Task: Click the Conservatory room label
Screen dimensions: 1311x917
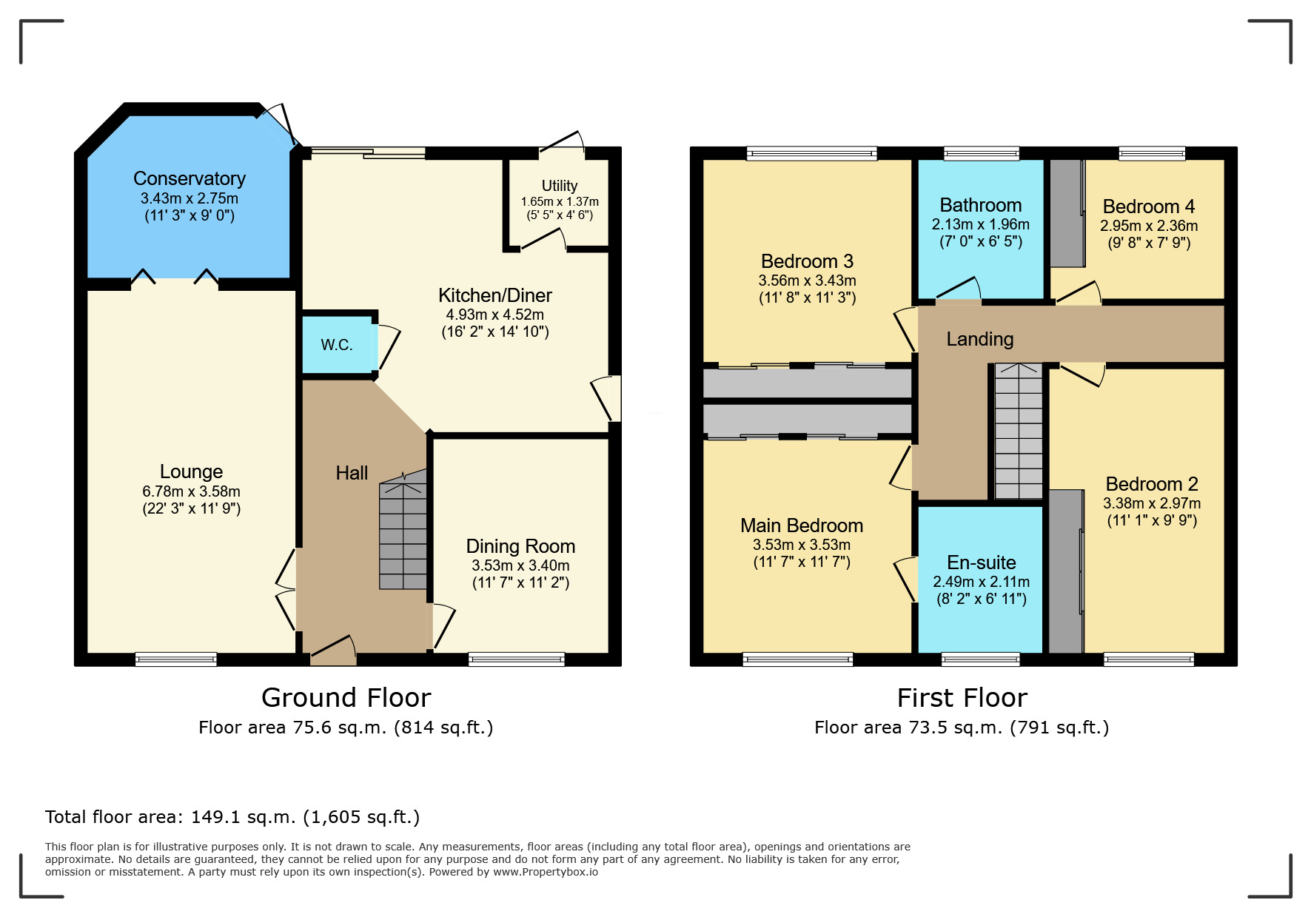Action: click(x=190, y=178)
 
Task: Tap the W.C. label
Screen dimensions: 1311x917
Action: click(x=337, y=345)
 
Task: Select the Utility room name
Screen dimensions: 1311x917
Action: click(x=560, y=186)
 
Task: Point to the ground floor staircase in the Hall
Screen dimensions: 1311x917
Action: click(x=403, y=529)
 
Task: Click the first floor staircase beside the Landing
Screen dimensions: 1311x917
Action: click(x=1019, y=431)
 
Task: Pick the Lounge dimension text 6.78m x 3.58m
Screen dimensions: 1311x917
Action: click(x=192, y=491)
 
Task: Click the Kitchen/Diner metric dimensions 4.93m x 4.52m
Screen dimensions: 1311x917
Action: click(x=495, y=315)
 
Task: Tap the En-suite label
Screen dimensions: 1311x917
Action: click(x=982, y=562)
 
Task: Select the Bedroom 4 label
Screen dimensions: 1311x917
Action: click(x=1149, y=206)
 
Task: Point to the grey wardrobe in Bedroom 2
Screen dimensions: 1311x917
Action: click(x=1067, y=571)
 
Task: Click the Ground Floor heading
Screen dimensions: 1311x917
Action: click(x=346, y=698)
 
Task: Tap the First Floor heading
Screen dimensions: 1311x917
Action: click(x=962, y=698)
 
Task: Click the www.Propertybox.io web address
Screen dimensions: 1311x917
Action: click(x=546, y=872)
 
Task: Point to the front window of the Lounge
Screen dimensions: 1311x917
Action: click(x=176, y=659)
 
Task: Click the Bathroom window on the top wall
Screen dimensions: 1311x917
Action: click(x=982, y=153)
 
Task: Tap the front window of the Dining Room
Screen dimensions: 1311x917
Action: click(x=517, y=659)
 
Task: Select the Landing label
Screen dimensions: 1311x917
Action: click(x=980, y=339)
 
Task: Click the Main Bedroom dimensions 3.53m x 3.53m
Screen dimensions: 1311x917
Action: click(x=802, y=545)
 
